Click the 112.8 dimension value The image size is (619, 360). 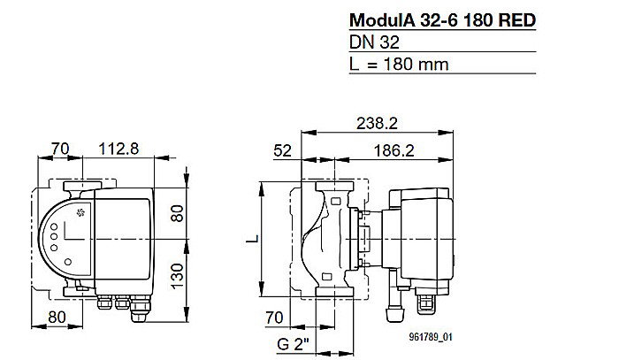[x=118, y=149]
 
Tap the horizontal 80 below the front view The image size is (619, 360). [x=57, y=316]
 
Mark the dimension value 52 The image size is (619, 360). [x=283, y=151]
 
